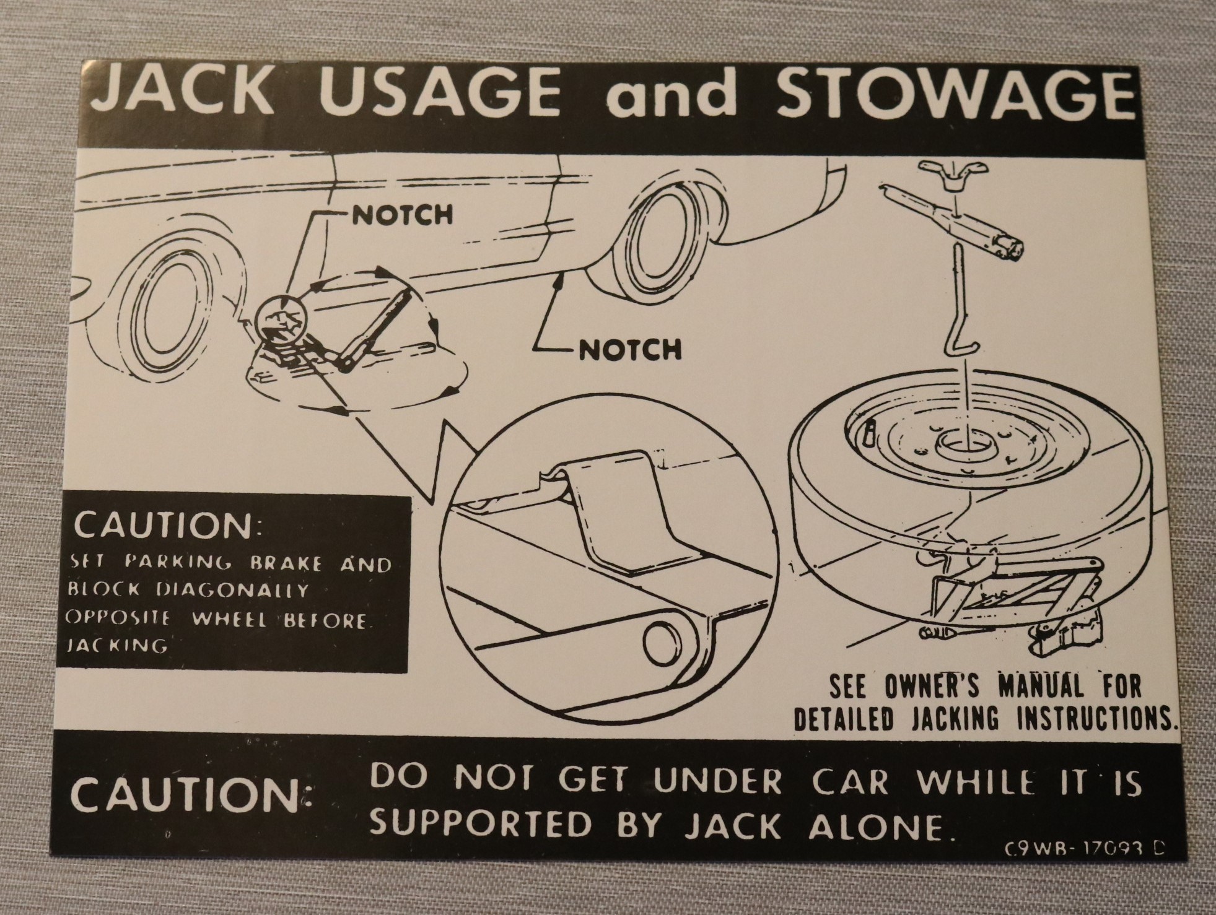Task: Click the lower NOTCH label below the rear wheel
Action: [630, 350]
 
